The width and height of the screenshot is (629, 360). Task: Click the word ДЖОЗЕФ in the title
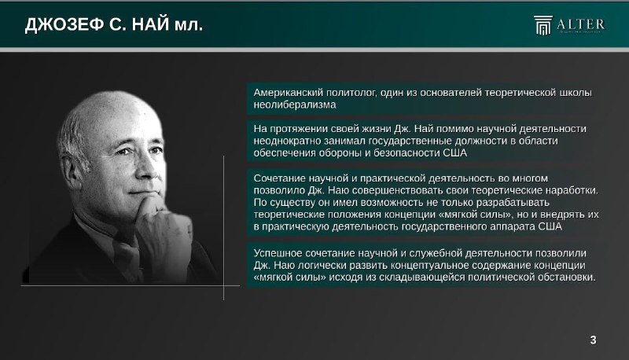tap(64, 24)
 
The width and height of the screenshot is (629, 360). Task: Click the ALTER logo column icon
tap(543, 25)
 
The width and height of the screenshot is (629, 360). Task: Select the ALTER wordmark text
tap(580, 24)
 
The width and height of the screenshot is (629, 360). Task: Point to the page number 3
tap(594, 340)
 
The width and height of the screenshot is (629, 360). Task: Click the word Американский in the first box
tap(288, 93)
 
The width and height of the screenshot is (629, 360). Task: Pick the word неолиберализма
tap(294, 105)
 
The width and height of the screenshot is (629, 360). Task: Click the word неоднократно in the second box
tap(287, 141)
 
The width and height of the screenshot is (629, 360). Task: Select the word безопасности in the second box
tap(406, 152)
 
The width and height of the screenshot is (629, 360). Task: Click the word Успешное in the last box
tap(278, 253)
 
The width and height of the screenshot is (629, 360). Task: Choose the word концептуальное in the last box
tap(429, 265)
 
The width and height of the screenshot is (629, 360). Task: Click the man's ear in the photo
tap(72, 171)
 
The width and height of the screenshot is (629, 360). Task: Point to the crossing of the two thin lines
tap(223, 285)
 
